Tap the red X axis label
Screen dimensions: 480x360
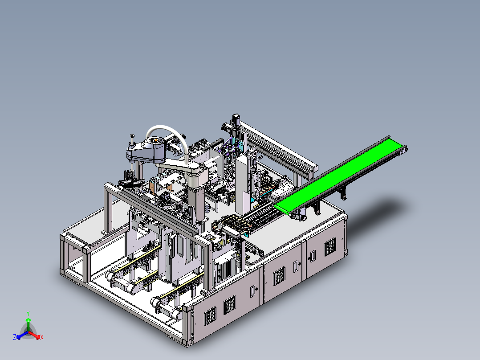[42, 337]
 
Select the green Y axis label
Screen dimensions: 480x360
[28, 313]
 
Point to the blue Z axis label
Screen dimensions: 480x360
[14, 337]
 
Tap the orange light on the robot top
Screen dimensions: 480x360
[155, 140]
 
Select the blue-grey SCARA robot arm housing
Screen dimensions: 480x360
[147, 150]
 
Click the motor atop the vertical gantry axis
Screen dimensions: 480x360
[236, 119]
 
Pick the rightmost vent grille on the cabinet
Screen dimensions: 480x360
[329, 247]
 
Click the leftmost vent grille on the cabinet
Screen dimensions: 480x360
[210, 316]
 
